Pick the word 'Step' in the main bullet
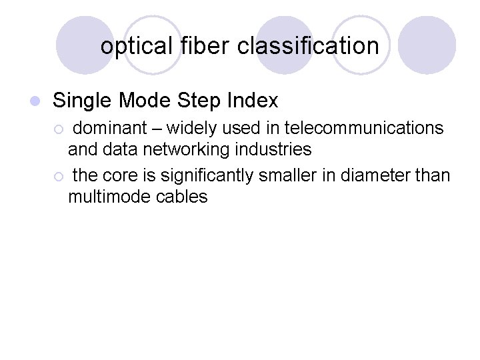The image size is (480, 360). [199, 101]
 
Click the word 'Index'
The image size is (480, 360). [253, 101]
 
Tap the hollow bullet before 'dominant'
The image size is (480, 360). [59, 129]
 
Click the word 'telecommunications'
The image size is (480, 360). [363, 128]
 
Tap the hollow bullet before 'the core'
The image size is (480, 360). [59, 177]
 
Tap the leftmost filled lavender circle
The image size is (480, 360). [85, 45]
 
